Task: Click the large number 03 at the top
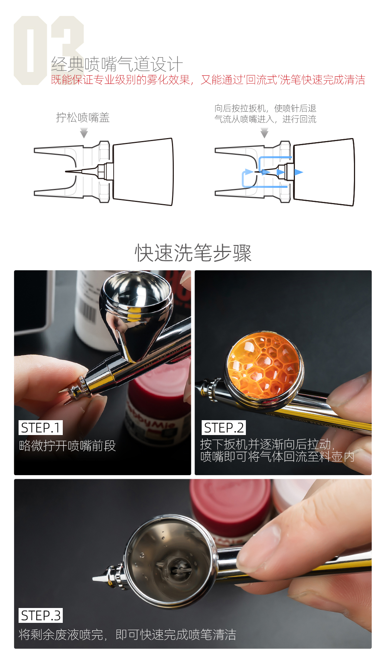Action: click(x=49, y=50)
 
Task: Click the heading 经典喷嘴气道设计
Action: click(x=117, y=64)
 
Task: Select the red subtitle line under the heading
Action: click(x=208, y=80)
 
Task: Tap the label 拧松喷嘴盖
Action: click(x=83, y=118)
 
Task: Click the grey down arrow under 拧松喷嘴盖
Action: click(x=84, y=133)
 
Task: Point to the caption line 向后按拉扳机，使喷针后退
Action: click(x=265, y=108)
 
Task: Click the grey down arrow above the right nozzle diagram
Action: click(x=264, y=133)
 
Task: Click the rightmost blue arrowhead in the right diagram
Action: click(x=299, y=172)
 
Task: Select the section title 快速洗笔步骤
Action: click(x=193, y=253)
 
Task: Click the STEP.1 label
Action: click(x=40, y=428)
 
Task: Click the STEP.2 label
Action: click(x=224, y=428)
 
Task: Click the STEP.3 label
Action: click(x=40, y=615)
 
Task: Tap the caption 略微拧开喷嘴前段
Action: click(x=67, y=445)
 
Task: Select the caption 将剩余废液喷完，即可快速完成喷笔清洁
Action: click(x=127, y=635)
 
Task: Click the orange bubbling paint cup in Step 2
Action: click(x=264, y=366)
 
